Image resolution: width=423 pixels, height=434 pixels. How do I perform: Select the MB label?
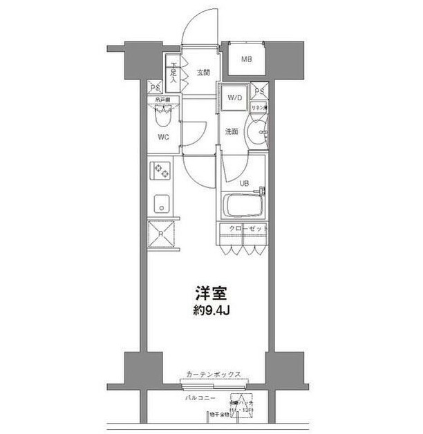click(x=246, y=59)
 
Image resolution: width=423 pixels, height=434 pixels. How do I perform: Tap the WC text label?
click(x=163, y=137)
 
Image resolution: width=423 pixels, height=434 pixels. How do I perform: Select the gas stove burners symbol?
click(x=162, y=169)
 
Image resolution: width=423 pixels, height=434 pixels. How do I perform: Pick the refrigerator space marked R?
click(x=162, y=234)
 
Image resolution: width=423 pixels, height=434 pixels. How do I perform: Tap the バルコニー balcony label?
click(x=200, y=399)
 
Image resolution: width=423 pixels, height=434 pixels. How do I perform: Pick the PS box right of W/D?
click(x=259, y=91)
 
